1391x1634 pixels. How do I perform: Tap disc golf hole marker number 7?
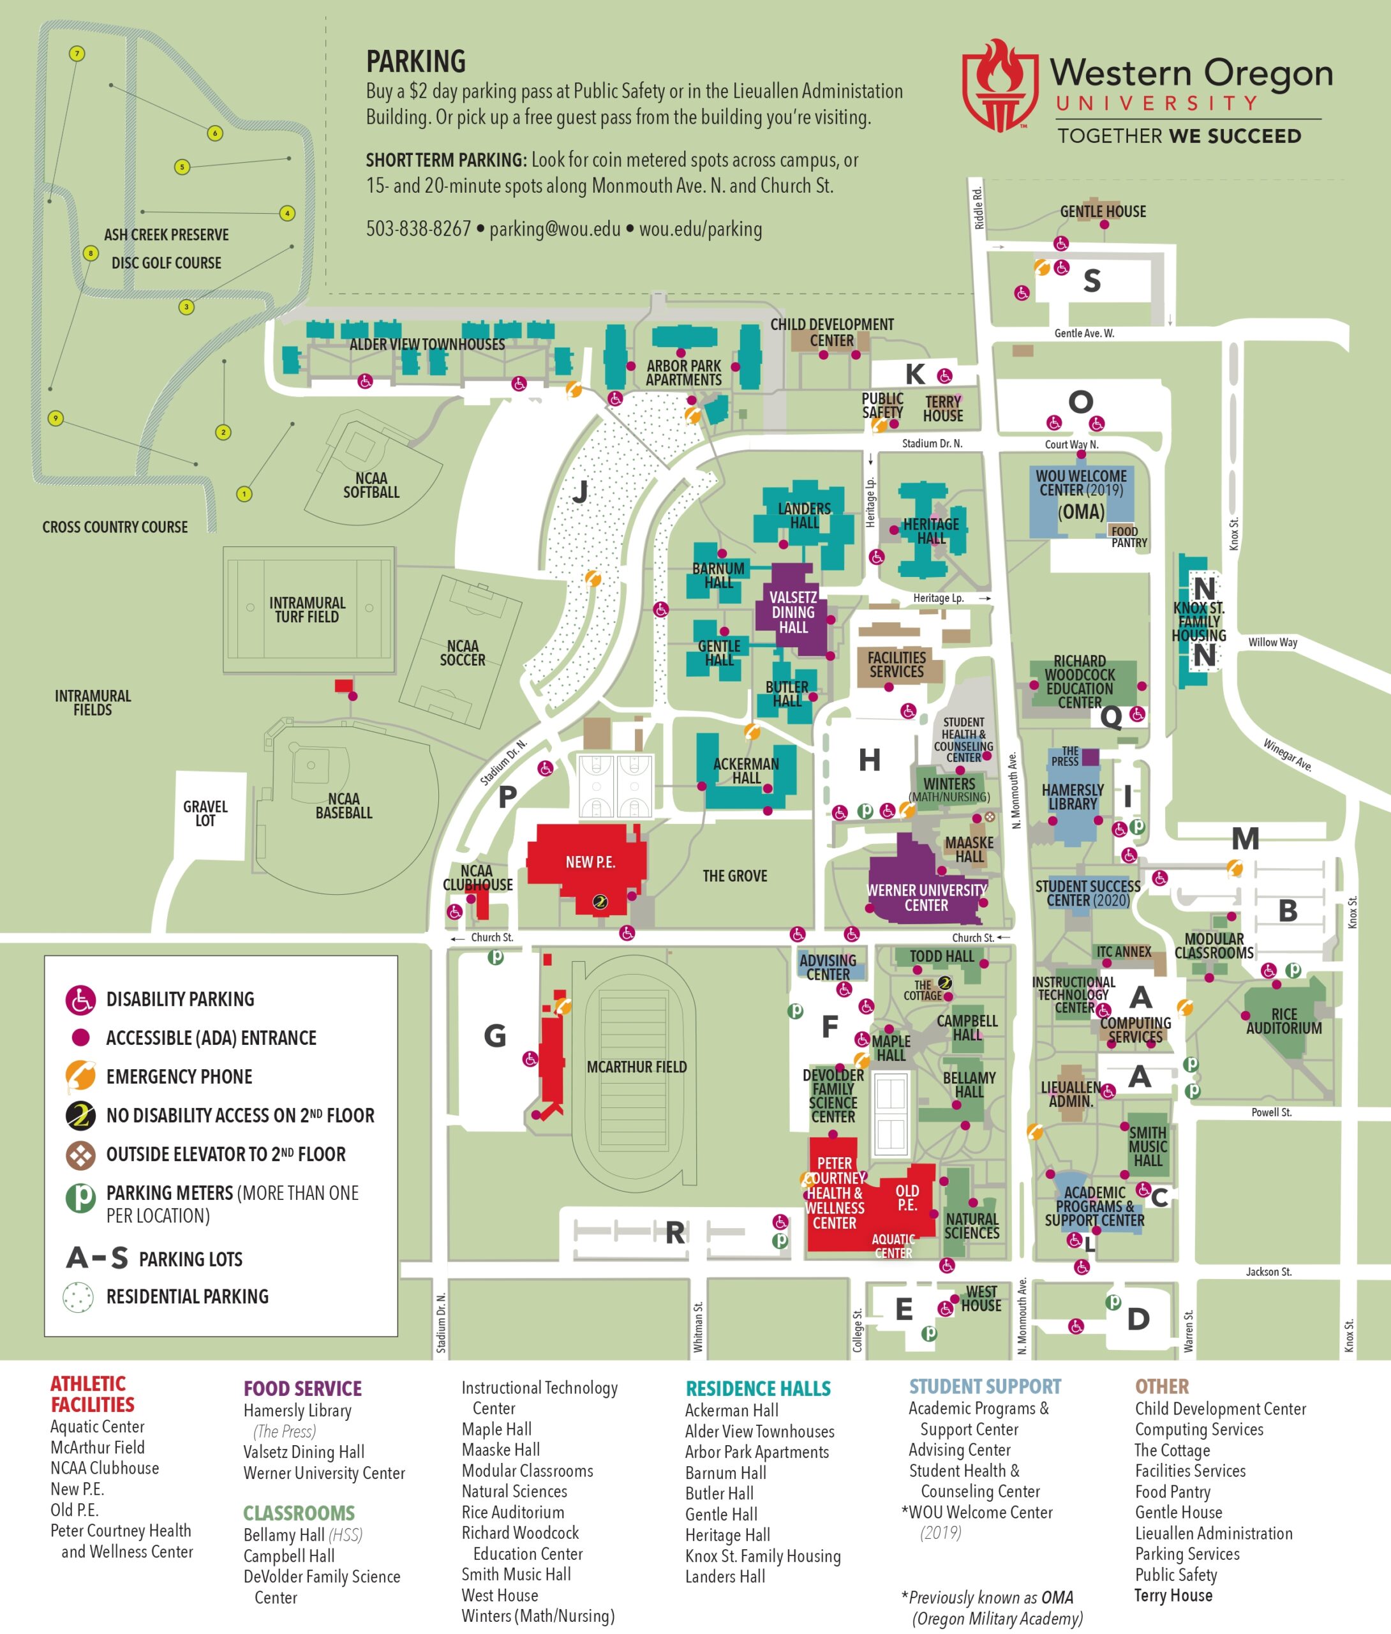77,54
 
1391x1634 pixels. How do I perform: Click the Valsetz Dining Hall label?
793,612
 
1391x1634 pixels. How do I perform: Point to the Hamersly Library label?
1073,797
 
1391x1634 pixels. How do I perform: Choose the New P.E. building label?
590,862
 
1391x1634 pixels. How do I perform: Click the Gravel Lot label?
205,813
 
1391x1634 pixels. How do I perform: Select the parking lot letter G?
495,1035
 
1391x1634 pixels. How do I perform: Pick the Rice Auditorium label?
1284,1021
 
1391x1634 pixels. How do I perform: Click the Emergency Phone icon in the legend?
80,1076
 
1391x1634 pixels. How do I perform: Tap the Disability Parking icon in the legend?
80,999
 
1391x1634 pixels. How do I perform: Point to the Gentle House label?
1103,211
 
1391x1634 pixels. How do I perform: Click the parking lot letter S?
1091,281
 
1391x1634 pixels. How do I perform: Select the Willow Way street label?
1272,642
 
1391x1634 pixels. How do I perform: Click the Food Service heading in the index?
302,1388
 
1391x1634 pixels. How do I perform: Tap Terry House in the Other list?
1173,1595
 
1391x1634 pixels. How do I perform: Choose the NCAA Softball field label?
371,485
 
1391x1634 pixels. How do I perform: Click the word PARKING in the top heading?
415,61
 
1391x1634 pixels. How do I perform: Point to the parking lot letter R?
674,1233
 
